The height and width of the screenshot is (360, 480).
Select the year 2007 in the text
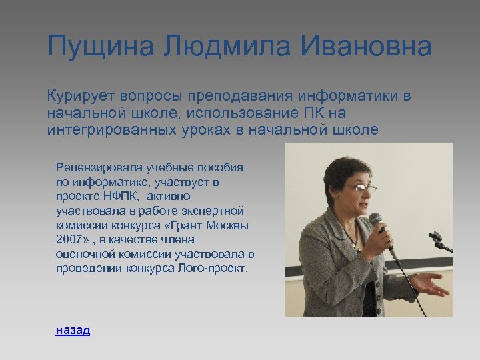(x=69, y=240)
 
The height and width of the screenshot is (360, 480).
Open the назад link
(x=73, y=329)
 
